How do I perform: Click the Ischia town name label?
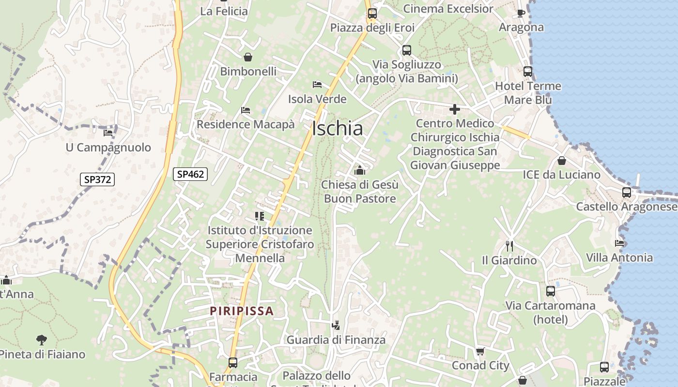[x=338, y=129]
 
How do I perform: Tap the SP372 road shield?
[x=97, y=179]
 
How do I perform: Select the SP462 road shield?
[x=191, y=174]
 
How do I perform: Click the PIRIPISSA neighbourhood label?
[x=242, y=311]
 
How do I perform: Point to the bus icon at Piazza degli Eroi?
[x=372, y=14]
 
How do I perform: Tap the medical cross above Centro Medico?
[x=454, y=109]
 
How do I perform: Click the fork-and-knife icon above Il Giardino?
[x=509, y=246]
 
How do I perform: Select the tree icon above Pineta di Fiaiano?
[x=42, y=340]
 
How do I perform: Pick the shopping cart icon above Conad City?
[x=480, y=351]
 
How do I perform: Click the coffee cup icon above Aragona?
[x=521, y=13]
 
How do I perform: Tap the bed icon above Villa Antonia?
[x=619, y=243]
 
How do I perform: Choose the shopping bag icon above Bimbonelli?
[x=248, y=58]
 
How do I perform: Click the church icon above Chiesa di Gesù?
[x=360, y=170]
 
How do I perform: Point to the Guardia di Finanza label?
[x=336, y=340]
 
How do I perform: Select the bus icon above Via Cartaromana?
[x=551, y=291]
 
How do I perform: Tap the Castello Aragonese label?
[x=627, y=207]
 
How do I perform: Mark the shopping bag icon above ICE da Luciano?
[x=562, y=160]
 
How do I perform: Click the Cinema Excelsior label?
[x=448, y=9]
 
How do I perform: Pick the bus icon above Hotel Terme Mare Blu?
[x=528, y=72]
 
